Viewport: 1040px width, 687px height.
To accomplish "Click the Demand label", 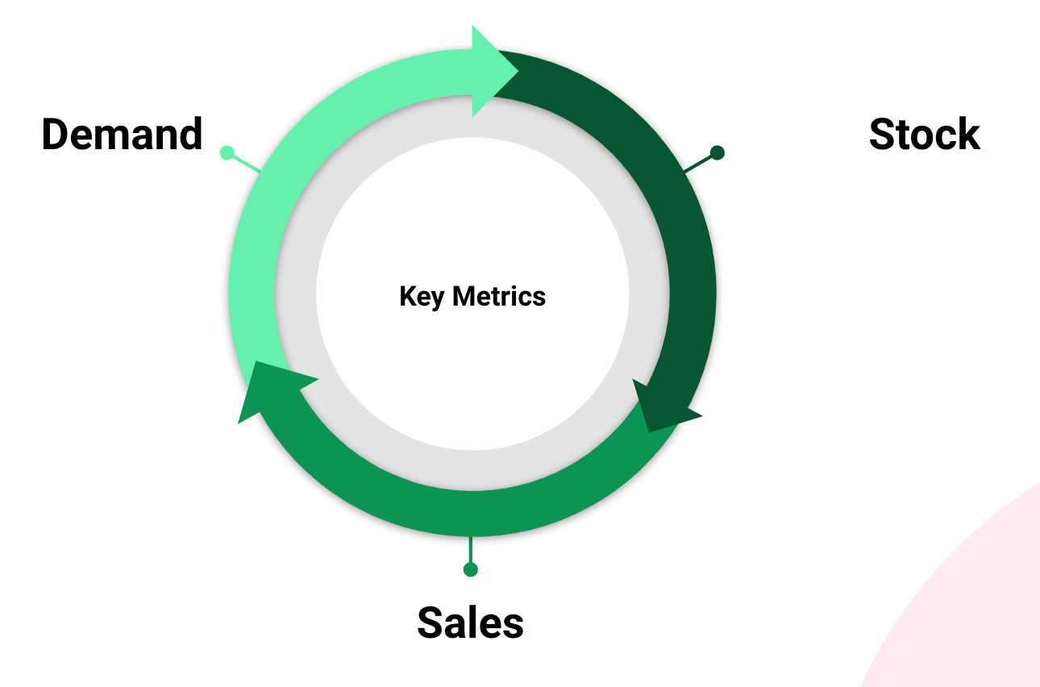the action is pyautogui.click(x=122, y=134).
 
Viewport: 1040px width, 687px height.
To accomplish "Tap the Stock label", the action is pyautogui.click(x=925, y=134).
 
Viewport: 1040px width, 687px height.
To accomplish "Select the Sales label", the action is pyautogui.click(x=470, y=623).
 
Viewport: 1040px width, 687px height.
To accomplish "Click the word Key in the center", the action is pyautogui.click(x=421, y=298).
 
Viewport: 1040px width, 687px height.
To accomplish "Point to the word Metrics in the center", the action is pyautogui.click(x=499, y=297).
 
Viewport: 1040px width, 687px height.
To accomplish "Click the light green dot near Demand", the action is pyautogui.click(x=227, y=152).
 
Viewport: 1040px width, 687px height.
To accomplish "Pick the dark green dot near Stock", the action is pyautogui.click(x=718, y=152).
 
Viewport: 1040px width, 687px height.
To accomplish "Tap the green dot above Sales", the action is pyautogui.click(x=470, y=569).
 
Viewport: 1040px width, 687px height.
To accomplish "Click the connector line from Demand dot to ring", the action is pyautogui.click(x=246, y=164).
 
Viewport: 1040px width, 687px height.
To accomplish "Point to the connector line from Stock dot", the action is pyautogui.click(x=699, y=164).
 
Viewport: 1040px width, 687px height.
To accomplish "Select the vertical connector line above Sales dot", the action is pyautogui.click(x=470, y=549).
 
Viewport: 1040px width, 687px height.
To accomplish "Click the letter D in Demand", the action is pyautogui.click(x=56, y=134).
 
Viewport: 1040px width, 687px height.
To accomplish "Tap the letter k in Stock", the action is pyautogui.click(x=968, y=134).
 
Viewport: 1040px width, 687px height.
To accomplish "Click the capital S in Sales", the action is pyautogui.click(x=430, y=623).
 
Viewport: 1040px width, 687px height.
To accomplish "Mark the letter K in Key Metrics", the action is pyautogui.click(x=410, y=296).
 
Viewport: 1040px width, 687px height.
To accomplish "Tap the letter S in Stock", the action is pyautogui.click(x=883, y=134).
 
